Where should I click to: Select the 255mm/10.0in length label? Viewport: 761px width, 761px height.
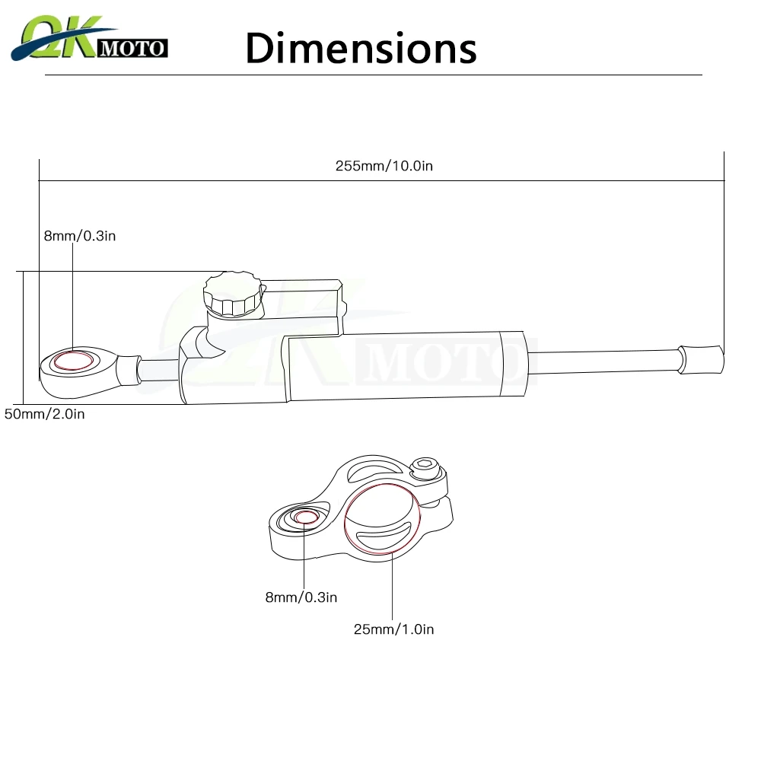(x=384, y=166)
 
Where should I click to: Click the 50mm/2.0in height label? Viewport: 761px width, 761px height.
(x=44, y=415)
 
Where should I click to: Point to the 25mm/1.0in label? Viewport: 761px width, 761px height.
(x=393, y=629)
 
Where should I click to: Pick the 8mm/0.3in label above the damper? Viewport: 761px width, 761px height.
(x=79, y=236)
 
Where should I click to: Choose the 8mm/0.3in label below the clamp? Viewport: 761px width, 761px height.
(x=301, y=597)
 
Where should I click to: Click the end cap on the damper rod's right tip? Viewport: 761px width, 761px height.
(x=700, y=358)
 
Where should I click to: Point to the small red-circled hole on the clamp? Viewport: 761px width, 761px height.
(x=306, y=517)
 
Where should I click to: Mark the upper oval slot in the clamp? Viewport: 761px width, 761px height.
(x=376, y=473)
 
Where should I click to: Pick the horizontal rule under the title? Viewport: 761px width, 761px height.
(x=373, y=75)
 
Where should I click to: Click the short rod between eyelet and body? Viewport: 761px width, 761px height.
(x=158, y=368)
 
